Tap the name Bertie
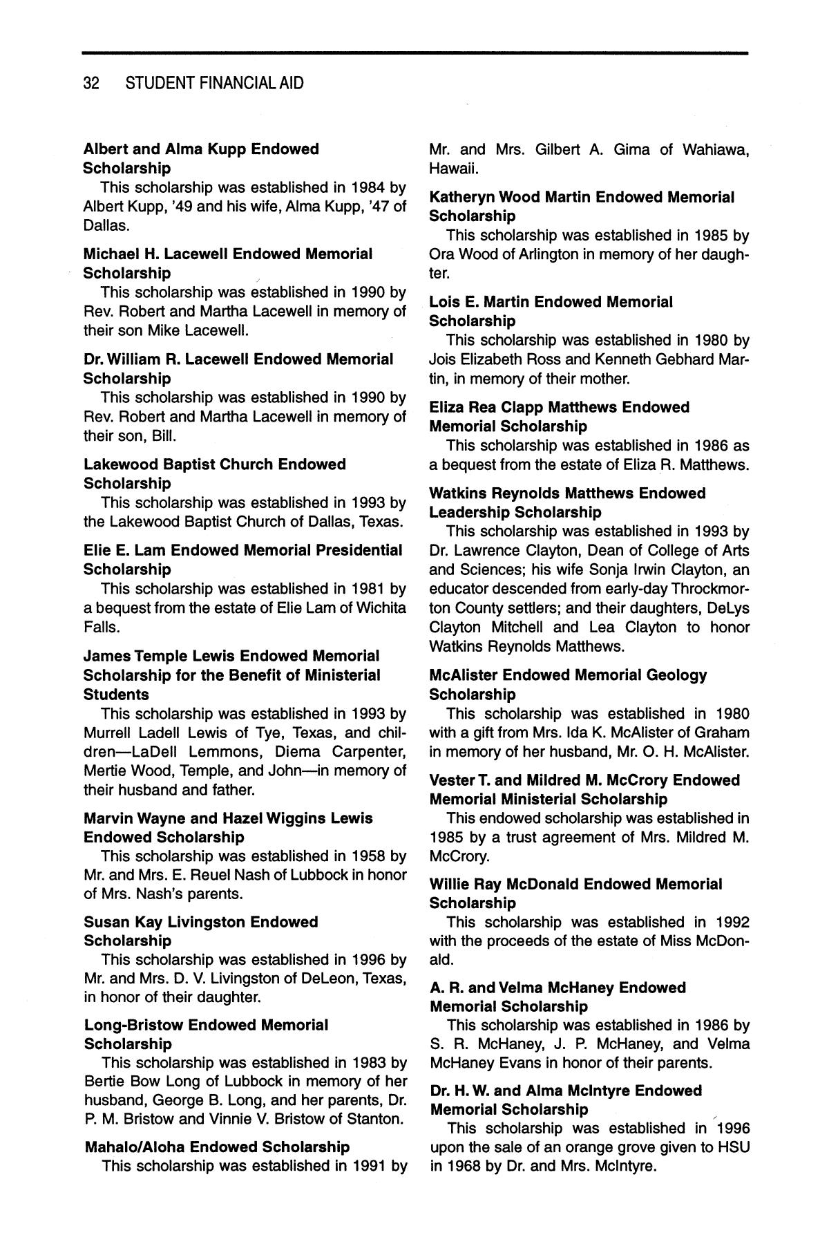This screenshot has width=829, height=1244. (x=104, y=1081)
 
